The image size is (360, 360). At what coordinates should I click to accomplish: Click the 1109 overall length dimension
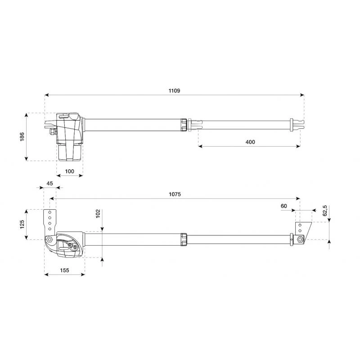coord(174,91)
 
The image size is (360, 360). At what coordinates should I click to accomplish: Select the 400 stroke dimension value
coord(250,142)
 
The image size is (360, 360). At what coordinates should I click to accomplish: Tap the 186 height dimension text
coord(22,137)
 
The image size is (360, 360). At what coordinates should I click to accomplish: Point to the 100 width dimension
coord(70,171)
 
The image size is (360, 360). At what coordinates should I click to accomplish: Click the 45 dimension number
coord(49,184)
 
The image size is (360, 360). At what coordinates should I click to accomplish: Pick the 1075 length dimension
coord(175,194)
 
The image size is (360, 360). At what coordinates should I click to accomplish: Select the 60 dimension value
coord(284,206)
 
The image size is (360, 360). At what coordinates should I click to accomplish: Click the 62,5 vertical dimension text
coord(325,211)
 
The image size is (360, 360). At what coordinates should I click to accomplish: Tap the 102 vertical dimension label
coord(98,213)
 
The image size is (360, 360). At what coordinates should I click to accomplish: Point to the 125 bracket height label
coord(22,225)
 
